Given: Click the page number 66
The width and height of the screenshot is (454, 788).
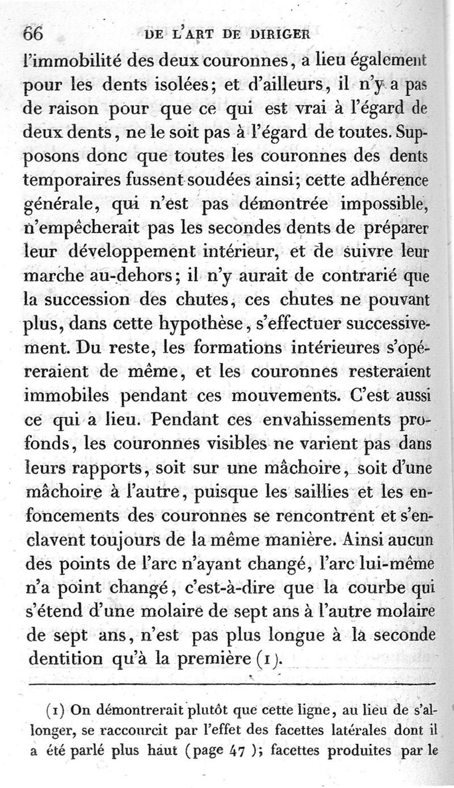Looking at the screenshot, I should [x=33, y=33].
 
